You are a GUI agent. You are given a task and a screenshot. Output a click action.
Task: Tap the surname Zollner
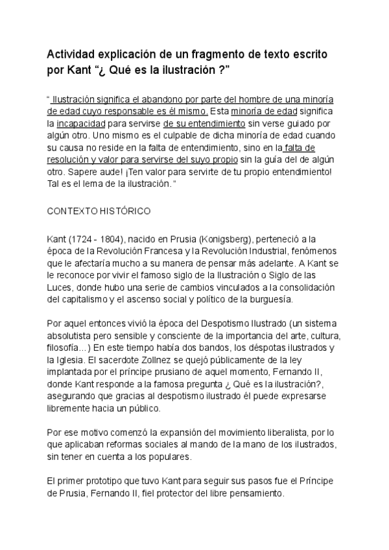tap(182, 360)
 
